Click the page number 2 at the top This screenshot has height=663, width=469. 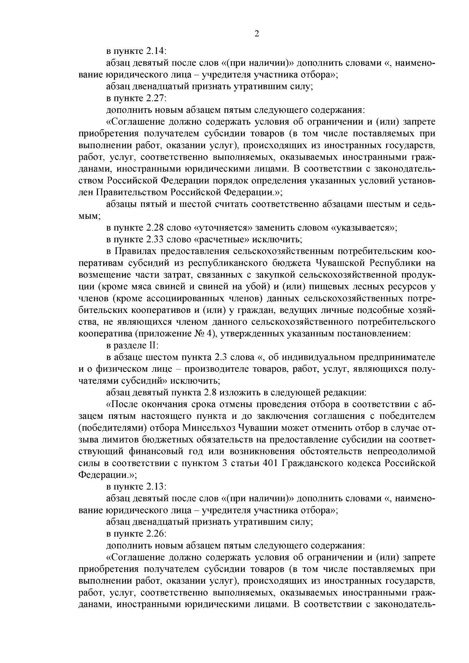pyautogui.click(x=257, y=34)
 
